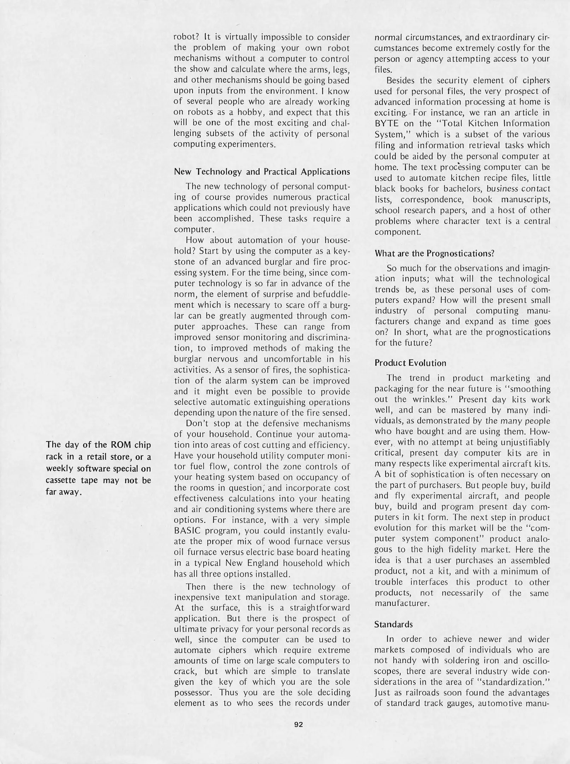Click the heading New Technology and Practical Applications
[262, 172]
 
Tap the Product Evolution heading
[410, 363]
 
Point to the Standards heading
[393, 624]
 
